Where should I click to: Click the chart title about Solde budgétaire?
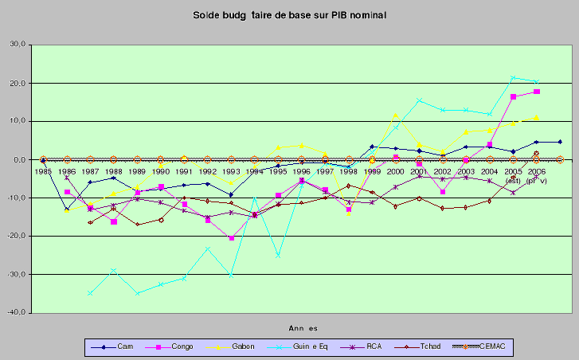289,16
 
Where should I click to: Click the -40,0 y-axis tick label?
16,313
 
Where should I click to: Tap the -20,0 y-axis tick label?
16,237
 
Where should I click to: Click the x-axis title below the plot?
302,327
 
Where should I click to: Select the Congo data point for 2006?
537,92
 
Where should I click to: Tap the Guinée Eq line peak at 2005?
514,78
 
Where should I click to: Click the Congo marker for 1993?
232,238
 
